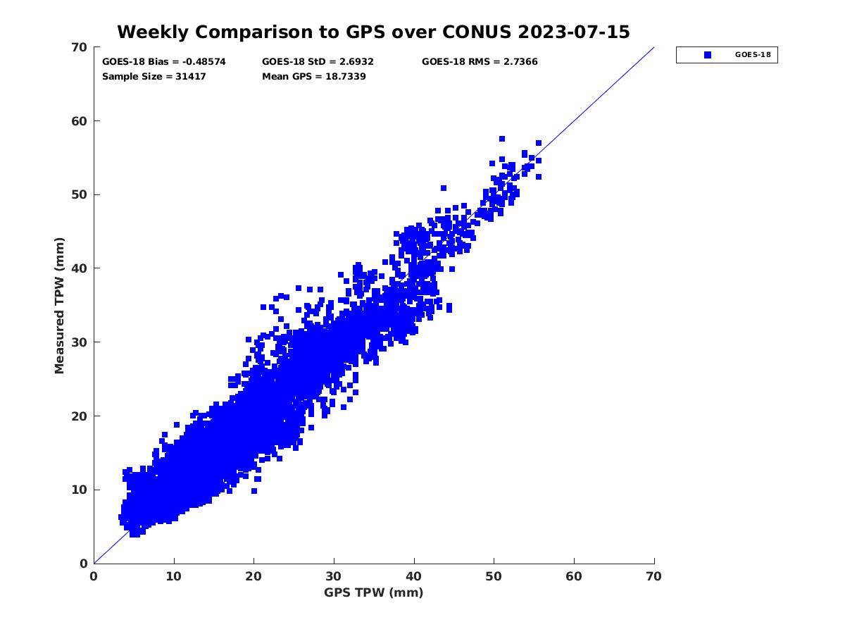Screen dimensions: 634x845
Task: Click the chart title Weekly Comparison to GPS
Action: click(373, 32)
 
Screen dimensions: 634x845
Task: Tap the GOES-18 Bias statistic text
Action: click(164, 62)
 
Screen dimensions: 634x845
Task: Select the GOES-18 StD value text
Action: click(318, 62)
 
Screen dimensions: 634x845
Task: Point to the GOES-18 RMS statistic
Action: click(480, 62)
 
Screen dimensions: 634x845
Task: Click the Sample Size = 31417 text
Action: click(154, 76)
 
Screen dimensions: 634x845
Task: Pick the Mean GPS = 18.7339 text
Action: click(313, 76)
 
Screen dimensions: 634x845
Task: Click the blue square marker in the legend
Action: click(708, 55)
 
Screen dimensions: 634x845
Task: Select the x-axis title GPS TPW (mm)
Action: click(374, 592)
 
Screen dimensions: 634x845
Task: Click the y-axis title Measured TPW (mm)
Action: click(59, 305)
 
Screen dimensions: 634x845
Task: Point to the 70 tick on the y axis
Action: click(80, 47)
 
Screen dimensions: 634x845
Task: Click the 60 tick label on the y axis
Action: click(80, 121)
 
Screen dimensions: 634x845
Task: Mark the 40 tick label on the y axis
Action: click(80, 268)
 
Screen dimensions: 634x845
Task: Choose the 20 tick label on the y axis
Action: click(80, 416)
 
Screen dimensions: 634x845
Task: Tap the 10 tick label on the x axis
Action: click(174, 577)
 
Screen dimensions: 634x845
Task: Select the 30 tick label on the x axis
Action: click(334, 577)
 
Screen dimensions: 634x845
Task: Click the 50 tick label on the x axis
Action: click(494, 577)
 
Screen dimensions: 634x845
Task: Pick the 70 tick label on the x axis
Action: click(654, 577)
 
